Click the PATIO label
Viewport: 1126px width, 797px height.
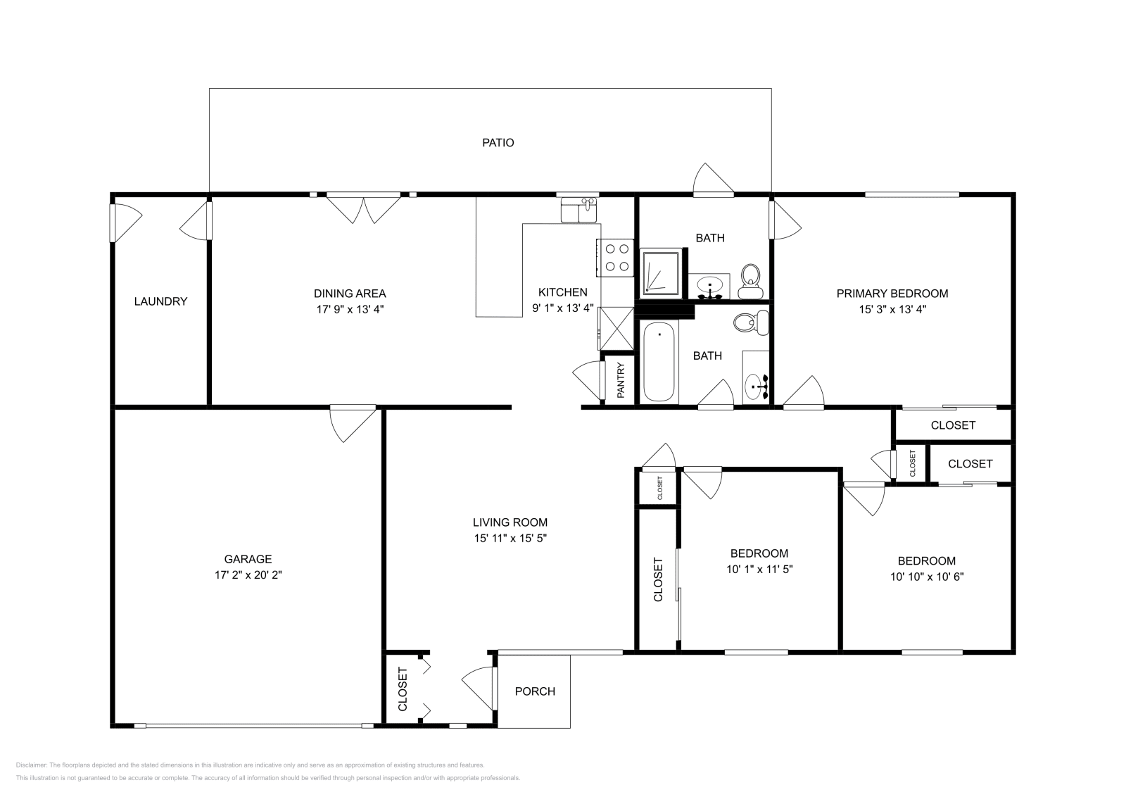point(498,143)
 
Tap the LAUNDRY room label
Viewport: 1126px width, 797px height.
point(160,301)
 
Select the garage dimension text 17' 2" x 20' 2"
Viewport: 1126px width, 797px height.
point(248,575)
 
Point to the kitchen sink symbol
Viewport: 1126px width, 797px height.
point(578,210)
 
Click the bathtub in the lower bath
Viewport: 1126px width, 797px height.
point(659,362)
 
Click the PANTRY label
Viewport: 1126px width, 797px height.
point(621,380)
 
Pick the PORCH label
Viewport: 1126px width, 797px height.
point(535,691)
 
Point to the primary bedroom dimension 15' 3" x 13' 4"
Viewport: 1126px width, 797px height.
point(892,308)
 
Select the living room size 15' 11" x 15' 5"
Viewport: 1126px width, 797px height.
point(510,538)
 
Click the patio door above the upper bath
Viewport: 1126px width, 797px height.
point(713,179)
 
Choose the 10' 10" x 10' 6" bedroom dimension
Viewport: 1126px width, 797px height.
point(926,576)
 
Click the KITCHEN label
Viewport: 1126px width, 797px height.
point(562,292)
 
